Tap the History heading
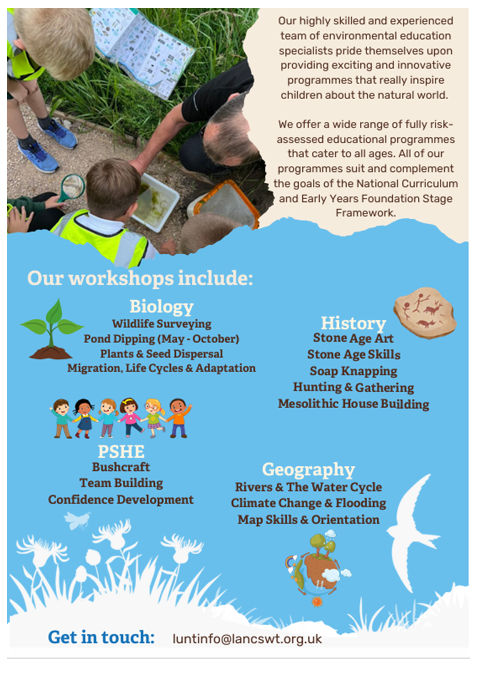tap(353, 323)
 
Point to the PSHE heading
tap(121, 451)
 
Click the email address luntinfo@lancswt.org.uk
tap(247, 639)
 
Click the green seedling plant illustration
tap(52, 329)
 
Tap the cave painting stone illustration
tap(425, 313)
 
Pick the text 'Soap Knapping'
tap(354, 371)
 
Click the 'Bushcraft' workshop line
tap(121, 467)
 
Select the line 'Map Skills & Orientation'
tap(309, 520)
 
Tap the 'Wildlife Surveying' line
tap(162, 324)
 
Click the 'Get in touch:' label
tap(101, 637)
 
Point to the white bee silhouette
tap(78, 520)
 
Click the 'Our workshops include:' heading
tap(140, 278)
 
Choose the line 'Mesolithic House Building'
tap(354, 404)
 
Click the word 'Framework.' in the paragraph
tap(365, 213)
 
